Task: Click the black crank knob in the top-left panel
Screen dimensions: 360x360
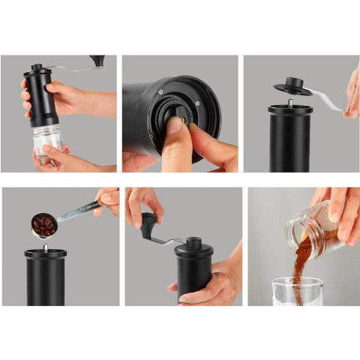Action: [97, 60]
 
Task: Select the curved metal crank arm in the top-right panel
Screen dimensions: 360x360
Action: [327, 100]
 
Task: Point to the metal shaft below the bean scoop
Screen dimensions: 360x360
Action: [45, 245]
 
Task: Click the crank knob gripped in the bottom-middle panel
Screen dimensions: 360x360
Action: [148, 222]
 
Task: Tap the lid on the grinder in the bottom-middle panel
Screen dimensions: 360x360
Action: [193, 246]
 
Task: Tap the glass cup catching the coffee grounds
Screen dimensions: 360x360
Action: [297, 292]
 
